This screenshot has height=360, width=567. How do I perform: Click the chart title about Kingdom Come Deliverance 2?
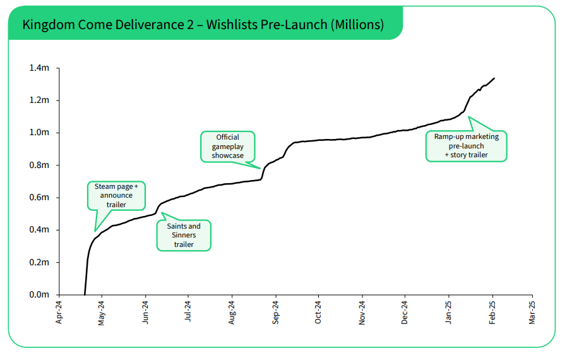(x=203, y=25)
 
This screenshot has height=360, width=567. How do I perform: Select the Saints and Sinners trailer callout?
(x=183, y=235)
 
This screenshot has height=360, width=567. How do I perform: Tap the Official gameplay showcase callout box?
(x=227, y=146)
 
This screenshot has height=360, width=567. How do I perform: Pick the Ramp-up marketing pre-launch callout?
(x=466, y=145)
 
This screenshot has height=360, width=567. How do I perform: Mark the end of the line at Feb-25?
(x=494, y=78)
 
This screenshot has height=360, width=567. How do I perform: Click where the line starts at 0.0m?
(x=85, y=294)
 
